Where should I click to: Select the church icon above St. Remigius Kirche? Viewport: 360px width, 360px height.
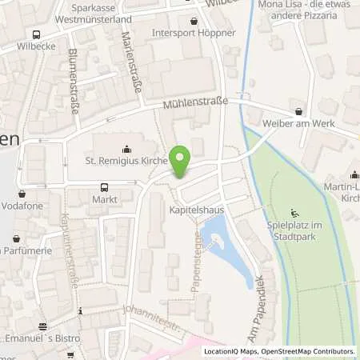click(126, 149)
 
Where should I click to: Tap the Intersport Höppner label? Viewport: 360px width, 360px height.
click(194, 34)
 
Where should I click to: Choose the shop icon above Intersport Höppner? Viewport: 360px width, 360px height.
click(194, 21)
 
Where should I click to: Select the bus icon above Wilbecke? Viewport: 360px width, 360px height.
click(36, 34)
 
